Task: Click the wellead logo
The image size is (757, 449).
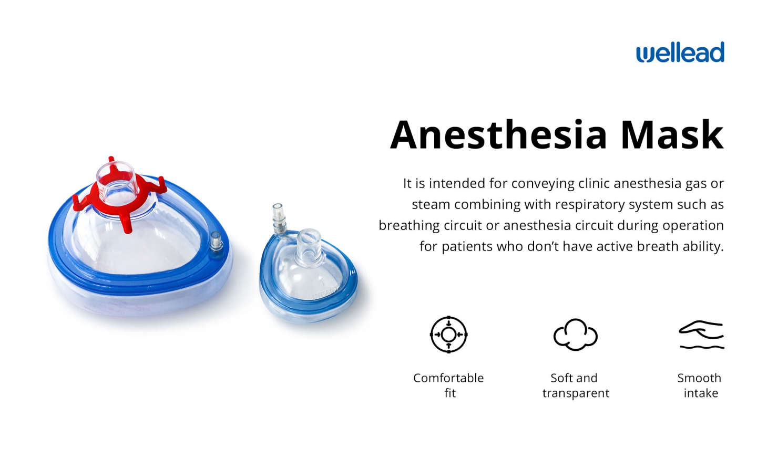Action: coord(680,53)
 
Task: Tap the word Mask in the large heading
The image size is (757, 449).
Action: coord(672,134)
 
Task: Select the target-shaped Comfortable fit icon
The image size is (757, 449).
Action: coord(448,335)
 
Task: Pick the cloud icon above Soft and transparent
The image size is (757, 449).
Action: coord(576,335)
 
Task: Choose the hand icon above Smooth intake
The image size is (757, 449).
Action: coord(701,335)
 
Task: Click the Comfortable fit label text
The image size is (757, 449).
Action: coord(448,385)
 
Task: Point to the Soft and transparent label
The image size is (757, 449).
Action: coord(576,385)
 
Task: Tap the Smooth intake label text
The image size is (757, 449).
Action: coord(700,385)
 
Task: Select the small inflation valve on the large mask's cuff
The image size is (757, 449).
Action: coord(216,244)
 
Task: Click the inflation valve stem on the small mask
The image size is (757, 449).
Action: coord(279,220)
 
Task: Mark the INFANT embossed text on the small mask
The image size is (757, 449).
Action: coord(325,293)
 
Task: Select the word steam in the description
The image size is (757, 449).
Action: coord(431,205)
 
